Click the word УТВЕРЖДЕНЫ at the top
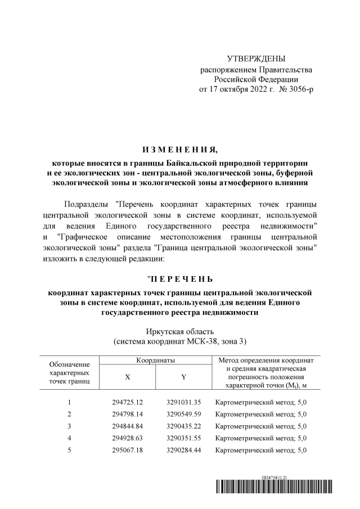(x=256, y=59)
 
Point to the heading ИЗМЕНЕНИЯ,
(x=179, y=149)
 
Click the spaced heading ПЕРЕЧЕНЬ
(x=179, y=279)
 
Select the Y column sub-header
(x=183, y=377)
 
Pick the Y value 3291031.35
(x=183, y=402)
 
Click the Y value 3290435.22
(x=183, y=426)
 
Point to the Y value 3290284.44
(x=183, y=449)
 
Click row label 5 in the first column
(x=69, y=449)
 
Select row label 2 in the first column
(x=69, y=414)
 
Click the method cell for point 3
(x=260, y=426)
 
